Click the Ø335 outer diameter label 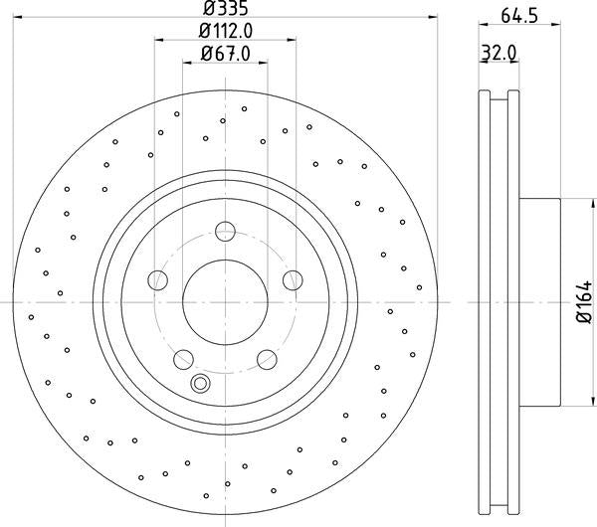tap(226, 9)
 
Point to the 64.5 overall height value tap(513, 14)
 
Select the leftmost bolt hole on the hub tap(158, 280)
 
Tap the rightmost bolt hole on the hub tap(293, 280)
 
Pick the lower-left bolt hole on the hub tap(183, 359)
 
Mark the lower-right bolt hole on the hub tap(267, 359)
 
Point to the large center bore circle tap(226, 301)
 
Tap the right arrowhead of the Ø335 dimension tap(434, 16)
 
